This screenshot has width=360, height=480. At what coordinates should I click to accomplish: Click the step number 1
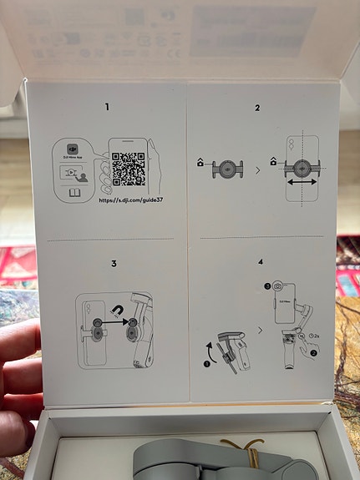coord(106,107)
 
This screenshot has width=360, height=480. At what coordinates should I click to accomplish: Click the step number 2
coord(257,107)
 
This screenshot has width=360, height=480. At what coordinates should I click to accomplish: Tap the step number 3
coord(113,264)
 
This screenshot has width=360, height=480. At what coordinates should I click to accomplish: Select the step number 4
coord(261,262)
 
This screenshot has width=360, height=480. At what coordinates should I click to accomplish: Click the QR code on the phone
coord(128,169)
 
